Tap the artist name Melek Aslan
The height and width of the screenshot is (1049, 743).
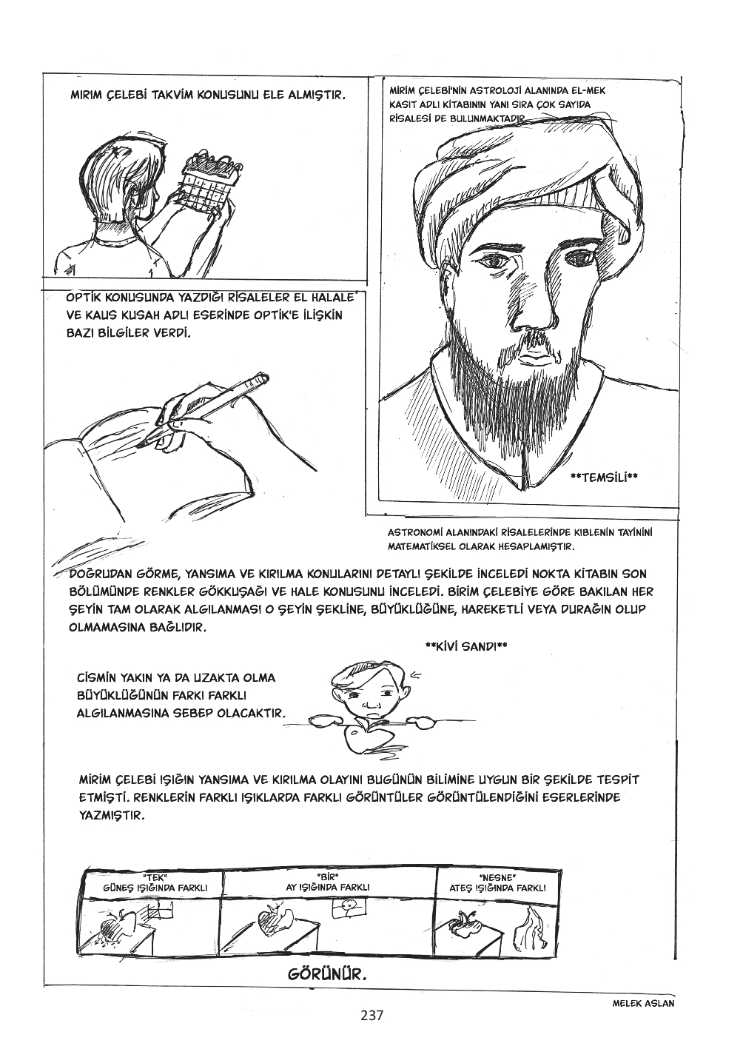pyautogui.click(x=644, y=1003)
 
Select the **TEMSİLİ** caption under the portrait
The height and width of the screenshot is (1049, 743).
pyautogui.click(x=604, y=477)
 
